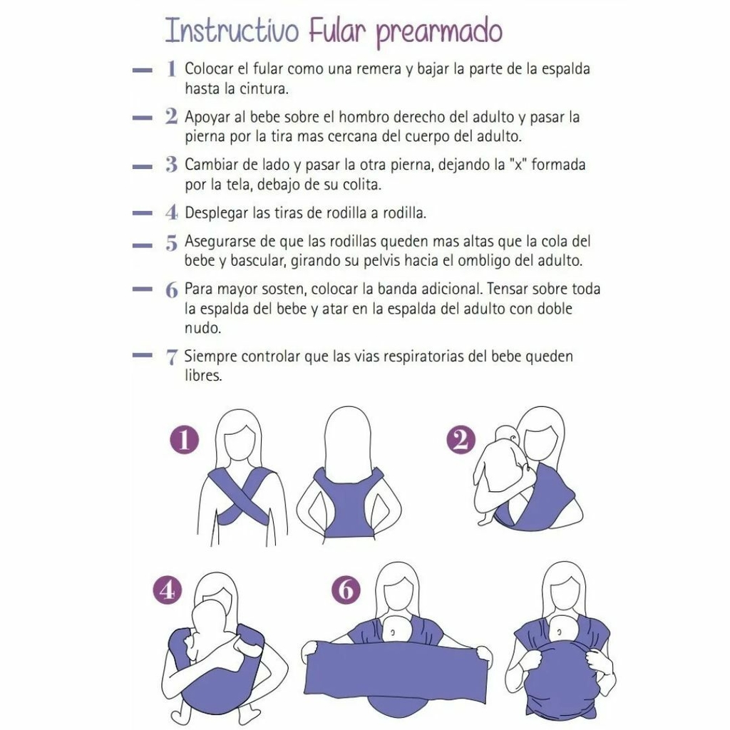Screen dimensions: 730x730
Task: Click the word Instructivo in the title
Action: pyautogui.click(x=232, y=31)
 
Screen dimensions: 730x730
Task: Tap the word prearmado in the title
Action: pyautogui.click(x=439, y=33)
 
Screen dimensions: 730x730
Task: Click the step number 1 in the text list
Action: pyautogui.click(x=171, y=68)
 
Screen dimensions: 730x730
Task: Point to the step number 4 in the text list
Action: pyautogui.click(x=171, y=212)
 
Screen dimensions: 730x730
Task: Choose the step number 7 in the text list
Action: pyautogui.click(x=171, y=357)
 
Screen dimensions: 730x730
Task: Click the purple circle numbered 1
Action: pyautogui.click(x=185, y=440)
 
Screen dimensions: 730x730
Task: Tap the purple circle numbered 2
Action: pyautogui.click(x=461, y=440)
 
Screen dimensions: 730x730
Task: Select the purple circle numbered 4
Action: pyautogui.click(x=168, y=591)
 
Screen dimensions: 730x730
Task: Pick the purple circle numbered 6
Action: pyautogui.click(x=346, y=590)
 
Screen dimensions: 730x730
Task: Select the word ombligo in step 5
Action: pyautogui.click(x=485, y=260)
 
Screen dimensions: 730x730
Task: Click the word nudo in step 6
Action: pyautogui.click(x=202, y=328)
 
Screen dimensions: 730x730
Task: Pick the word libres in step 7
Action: pyautogui.click(x=203, y=375)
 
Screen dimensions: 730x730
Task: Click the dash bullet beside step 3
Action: pyautogui.click(x=142, y=166)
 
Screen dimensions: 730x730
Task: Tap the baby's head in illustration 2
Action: pyautogui.click(x=508, y=438)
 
